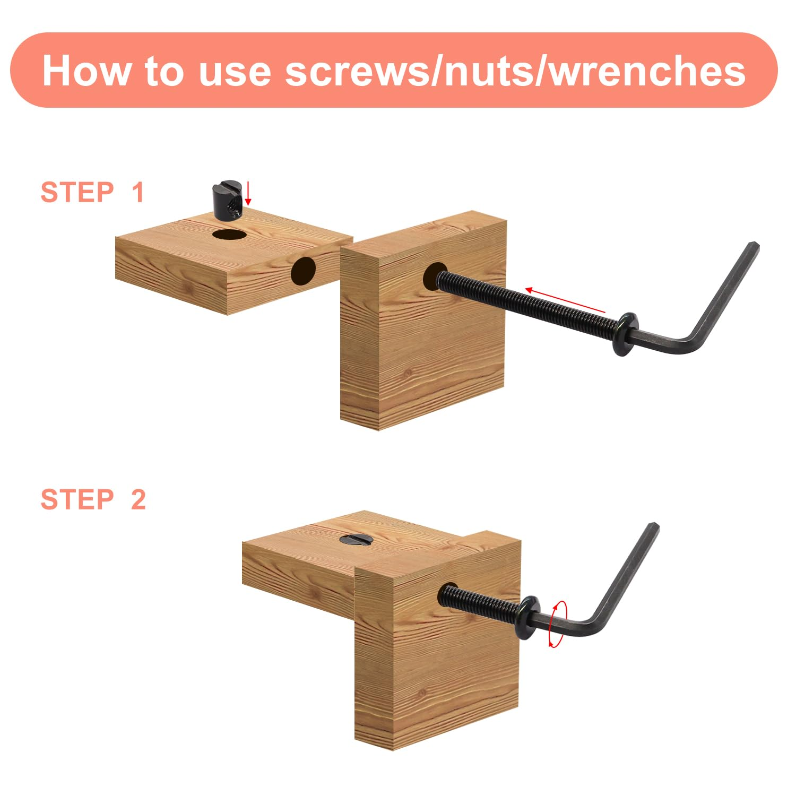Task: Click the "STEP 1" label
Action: click(92, 192)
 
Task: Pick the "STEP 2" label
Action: click(93, 499)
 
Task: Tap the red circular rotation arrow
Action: click(558, 624)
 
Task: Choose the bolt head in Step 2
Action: click(527, 617)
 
